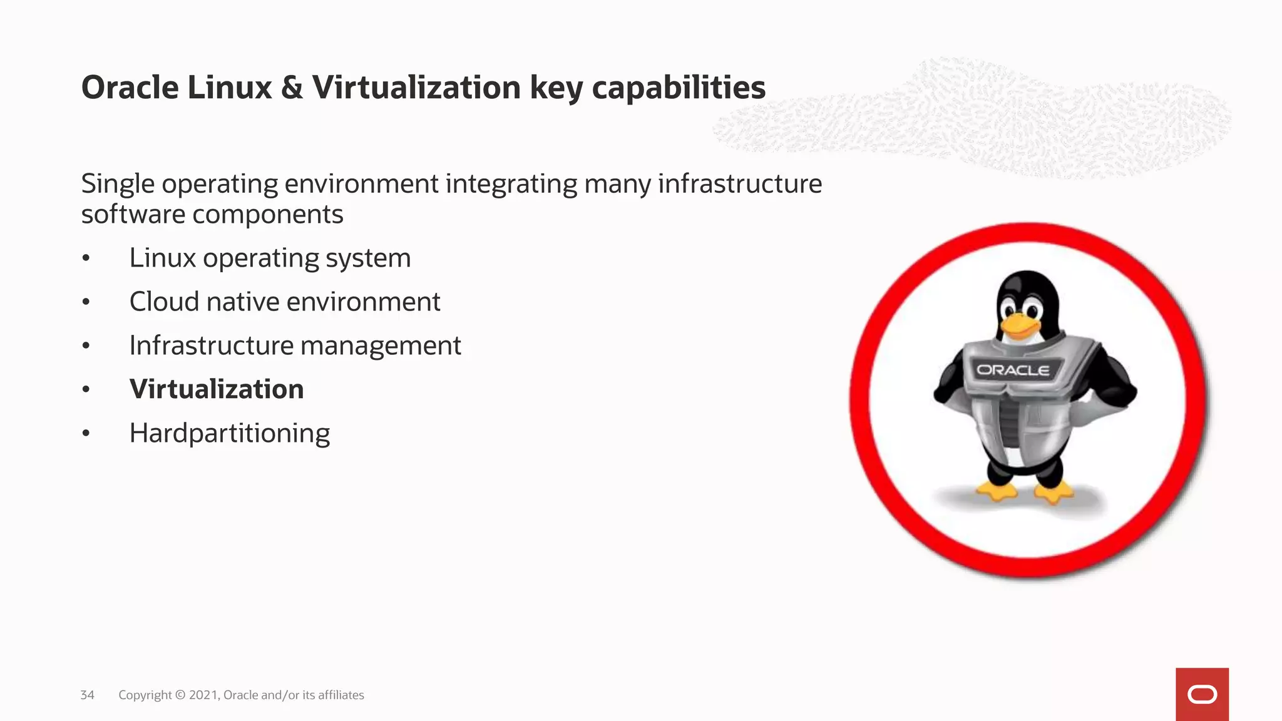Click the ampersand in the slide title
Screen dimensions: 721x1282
click(x=292, y=88)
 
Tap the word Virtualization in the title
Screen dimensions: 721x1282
click(x=416, y=88)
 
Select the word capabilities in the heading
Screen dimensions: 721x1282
click(x=679, y=88)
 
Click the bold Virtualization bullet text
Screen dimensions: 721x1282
click(x=217, y=389)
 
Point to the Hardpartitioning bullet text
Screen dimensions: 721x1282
click(x=230, y=433)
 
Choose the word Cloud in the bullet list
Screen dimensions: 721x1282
click(x=164, y=302)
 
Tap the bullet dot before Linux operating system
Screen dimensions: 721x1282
click(x=86, y=258)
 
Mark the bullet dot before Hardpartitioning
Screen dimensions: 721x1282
click(x=86, y=434)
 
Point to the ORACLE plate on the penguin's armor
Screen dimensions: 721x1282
click(x=1013, y=370)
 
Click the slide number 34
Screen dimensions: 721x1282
click(x=87, y=695)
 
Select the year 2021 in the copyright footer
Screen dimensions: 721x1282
click(x=203, y=695)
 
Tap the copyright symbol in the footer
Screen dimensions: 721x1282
click(x=180, y=695)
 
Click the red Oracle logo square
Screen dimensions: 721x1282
click(x=1202, y=694)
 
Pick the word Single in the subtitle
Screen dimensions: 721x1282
click(x=118, y=184)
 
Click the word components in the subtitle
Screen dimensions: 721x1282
click(x=267, y=215)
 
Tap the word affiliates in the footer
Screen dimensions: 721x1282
click(x=341, y=695)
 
